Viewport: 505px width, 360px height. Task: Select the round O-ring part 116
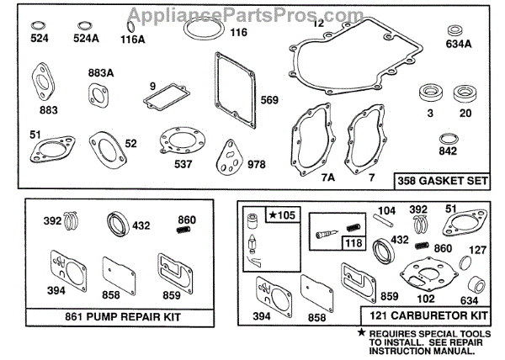[x=197, y=33]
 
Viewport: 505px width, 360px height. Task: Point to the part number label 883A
[x=100, y=72]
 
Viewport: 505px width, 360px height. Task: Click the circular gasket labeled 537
[x=178, y=139]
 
